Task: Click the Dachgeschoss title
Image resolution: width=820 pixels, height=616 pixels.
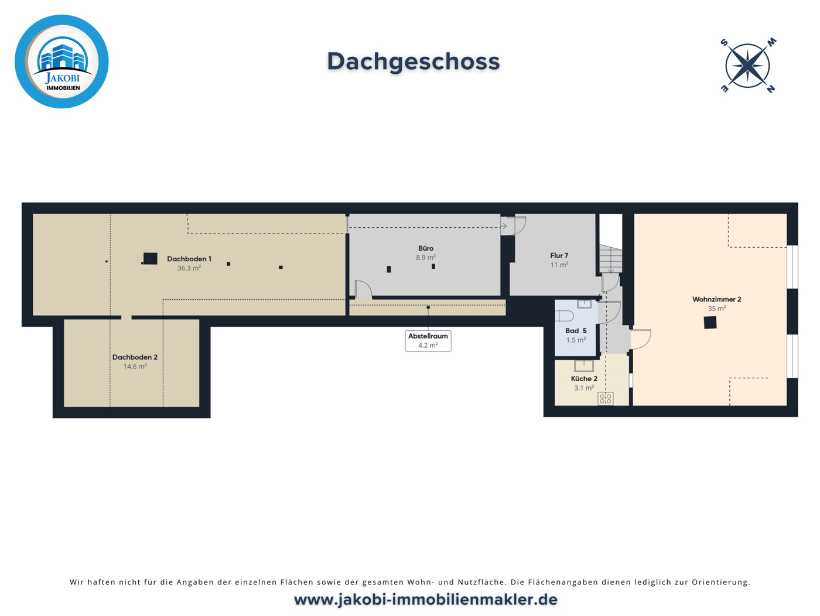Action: tap(413, 61)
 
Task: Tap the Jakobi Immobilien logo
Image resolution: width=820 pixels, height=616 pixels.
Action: tap(61, 61)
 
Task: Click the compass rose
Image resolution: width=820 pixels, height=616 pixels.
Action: tap(748, 66)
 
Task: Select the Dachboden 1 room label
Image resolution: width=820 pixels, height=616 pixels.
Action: tap(189, 259)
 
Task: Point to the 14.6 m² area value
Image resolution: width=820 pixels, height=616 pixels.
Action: tap(135, 367)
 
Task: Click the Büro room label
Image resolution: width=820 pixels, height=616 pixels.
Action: tap(426, 248)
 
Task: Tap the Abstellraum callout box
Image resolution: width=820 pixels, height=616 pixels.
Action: tap(428, 341)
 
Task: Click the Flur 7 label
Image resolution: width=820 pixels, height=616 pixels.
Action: tap(559, 256)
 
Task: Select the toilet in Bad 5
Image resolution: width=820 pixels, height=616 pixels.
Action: tap(564, 316)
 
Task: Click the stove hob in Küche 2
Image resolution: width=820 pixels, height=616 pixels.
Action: tap(606, 399)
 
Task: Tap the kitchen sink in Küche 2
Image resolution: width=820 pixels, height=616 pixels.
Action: tap(584, 366)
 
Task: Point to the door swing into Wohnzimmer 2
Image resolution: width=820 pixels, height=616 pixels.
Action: tap(640, 339)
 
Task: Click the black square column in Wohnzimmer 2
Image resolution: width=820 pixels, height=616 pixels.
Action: tap(710, 322)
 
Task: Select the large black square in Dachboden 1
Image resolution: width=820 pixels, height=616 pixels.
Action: tap(151, 258)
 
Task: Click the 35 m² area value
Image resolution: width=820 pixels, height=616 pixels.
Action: tap(717, 309)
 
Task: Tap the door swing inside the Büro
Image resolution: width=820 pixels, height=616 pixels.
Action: tap(363, 289)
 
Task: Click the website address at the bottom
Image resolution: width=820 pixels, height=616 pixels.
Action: tap(426, 600)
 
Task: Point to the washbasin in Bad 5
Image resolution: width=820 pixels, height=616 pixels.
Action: tap(584, 304)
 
